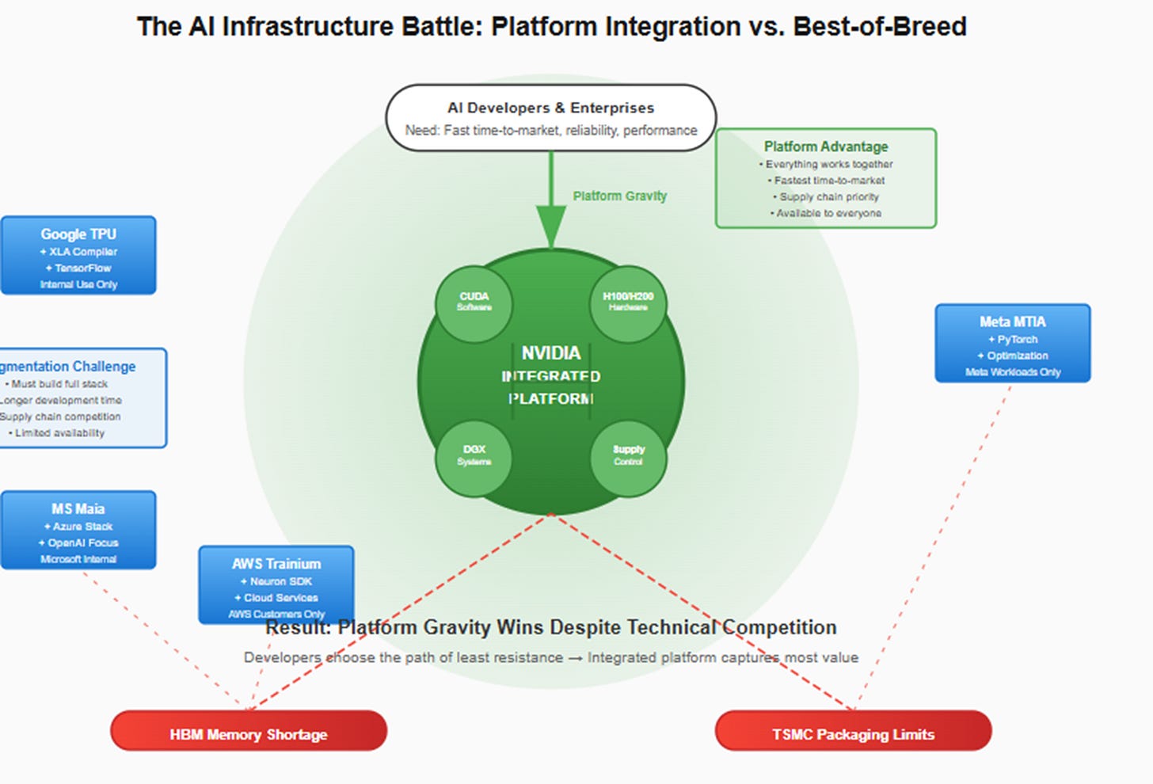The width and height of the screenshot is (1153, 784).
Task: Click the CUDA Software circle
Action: point(474,303)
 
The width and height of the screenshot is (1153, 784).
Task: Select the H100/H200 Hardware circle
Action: point(628,303)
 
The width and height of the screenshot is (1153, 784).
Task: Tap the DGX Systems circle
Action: point(474,457)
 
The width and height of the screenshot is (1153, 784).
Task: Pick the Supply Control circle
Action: point(628,457)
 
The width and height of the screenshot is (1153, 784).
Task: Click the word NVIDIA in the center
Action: point(551,353)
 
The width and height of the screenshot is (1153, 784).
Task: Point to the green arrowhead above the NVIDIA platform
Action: point(551,226)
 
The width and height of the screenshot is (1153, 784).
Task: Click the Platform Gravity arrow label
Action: point(620,196)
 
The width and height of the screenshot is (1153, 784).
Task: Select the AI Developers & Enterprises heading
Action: point(551,108)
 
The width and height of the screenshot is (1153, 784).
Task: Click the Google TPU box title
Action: point(78,234)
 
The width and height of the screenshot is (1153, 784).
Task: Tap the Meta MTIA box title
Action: point(1012,322)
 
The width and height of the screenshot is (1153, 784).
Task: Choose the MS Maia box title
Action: point(78,509)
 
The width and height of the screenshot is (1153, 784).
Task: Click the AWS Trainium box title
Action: point(276,564)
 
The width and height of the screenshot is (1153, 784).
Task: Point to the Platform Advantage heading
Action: point(826,147)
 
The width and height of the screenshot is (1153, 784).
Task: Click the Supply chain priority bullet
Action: point(828,197)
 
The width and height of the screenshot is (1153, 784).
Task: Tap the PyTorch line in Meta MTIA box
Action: point(1014,339)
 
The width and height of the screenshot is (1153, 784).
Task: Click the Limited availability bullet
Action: point(58,433)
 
